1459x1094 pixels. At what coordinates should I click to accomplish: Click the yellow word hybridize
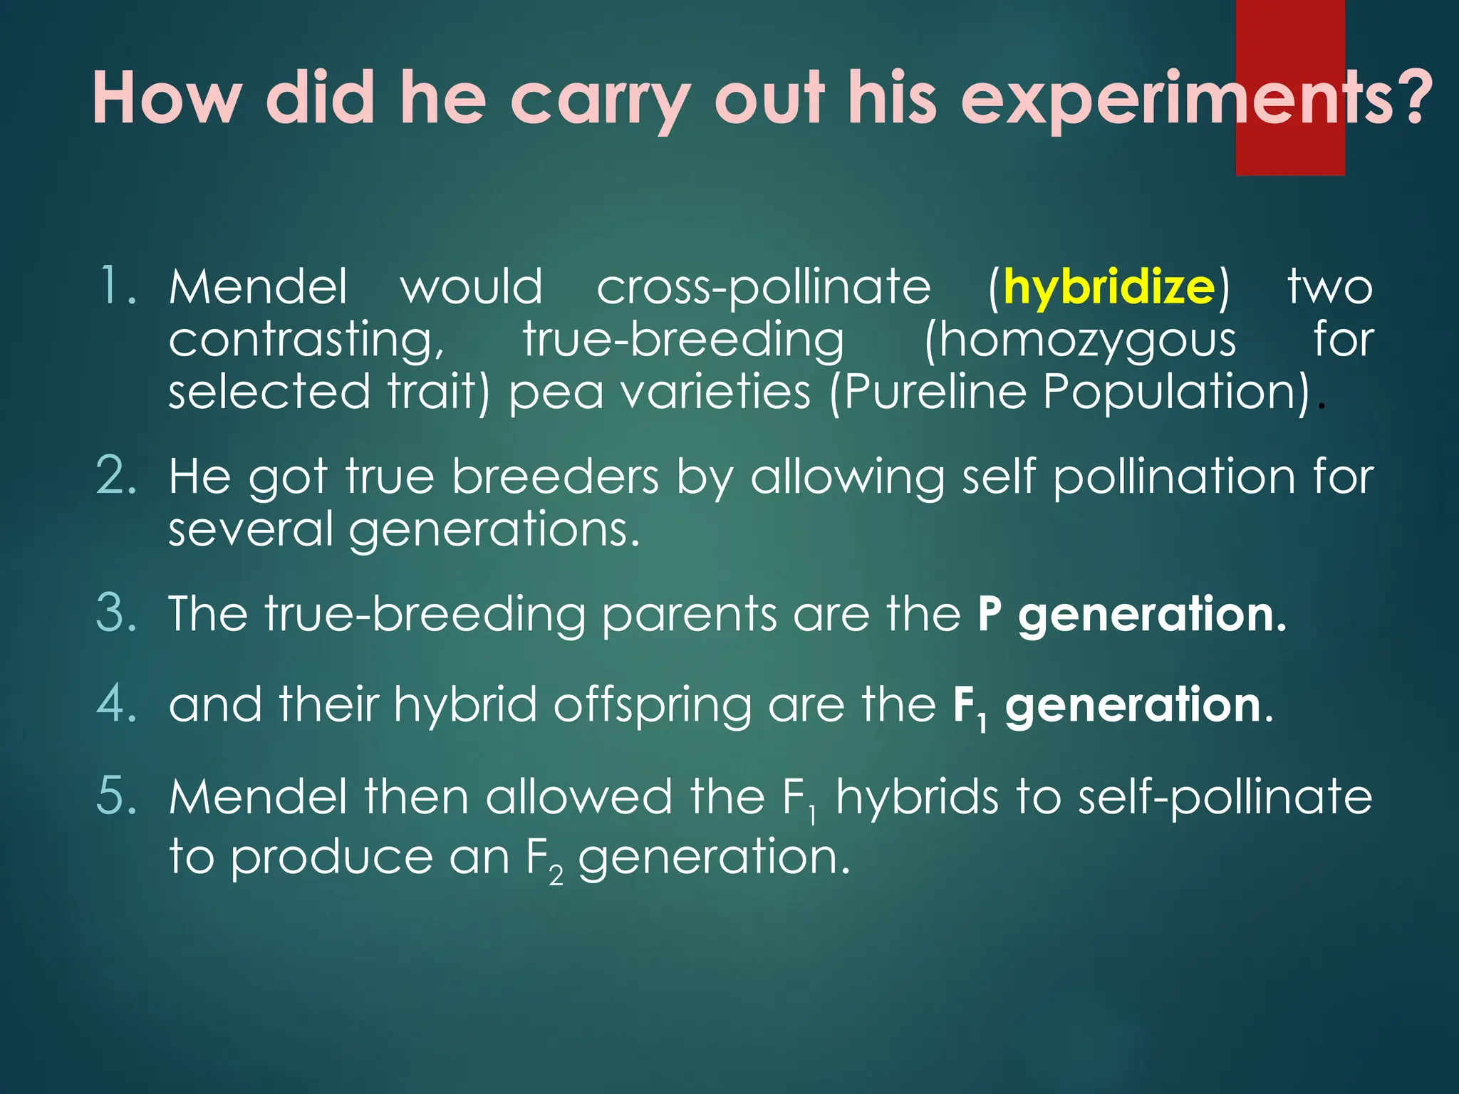tap(1108, 287)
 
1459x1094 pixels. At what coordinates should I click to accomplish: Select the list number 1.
tap(117, 286)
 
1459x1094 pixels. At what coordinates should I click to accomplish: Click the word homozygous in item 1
tap(1080, 340)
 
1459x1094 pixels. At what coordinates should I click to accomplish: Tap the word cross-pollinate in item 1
tap(764, 287)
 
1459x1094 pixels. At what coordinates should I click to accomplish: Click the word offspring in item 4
tap(652, 705)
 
